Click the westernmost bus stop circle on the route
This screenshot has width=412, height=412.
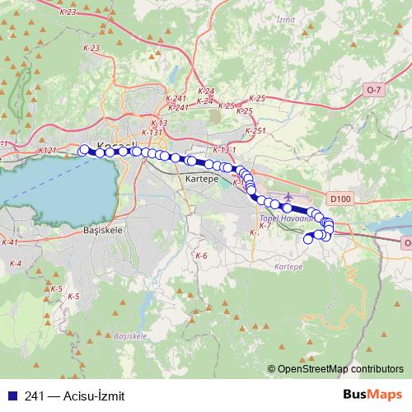point(82,149)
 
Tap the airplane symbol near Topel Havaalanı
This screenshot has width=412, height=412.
point(288,196)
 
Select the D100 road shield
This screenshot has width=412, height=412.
point(338,199)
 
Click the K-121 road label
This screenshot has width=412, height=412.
point(47,152)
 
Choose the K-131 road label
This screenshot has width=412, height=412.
point(152,132)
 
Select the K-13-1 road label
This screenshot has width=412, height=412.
point(223,150)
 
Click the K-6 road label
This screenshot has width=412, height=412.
point(201,256)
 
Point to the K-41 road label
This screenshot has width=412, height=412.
point(10,242)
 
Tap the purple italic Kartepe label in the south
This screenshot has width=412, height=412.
point(288,268)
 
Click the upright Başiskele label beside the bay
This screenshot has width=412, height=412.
point(103,231)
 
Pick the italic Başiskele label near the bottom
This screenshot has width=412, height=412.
point(130,336)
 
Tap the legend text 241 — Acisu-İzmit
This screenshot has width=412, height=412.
point(74,396)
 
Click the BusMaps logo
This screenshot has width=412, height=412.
point(372,395)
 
